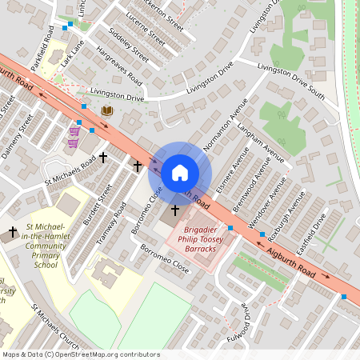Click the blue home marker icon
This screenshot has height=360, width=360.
coord(180,173)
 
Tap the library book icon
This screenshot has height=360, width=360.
coord(107,110)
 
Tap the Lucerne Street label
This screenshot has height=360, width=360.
coord(146,33)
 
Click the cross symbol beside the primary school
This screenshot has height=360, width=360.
coord(12,234)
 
